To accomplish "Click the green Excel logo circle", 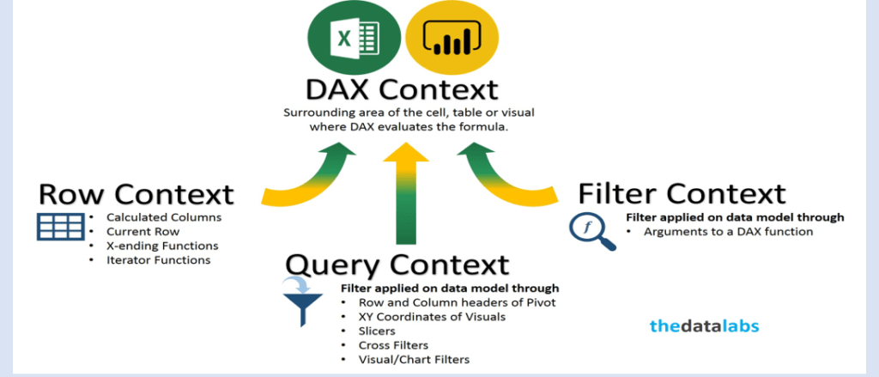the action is [355, 39].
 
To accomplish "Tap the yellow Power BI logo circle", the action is [452, 39].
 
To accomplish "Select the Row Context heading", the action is [136, 195].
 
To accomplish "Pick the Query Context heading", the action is [397, 265].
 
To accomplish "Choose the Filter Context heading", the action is [682, 194].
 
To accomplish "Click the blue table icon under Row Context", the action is [61, 227].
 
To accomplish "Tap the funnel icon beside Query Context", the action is [302, 301].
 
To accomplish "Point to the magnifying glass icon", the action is [592, 232].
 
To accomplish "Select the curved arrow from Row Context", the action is [308, 173].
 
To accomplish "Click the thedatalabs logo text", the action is [705, 326].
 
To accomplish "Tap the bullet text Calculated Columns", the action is [164, 217].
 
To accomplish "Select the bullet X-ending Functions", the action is [162, 246].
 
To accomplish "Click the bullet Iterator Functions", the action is [159, 259].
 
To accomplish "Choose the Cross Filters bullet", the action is [393, 344].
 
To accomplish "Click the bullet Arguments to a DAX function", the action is [728, 231].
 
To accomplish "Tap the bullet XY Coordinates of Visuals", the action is [433, 316].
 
